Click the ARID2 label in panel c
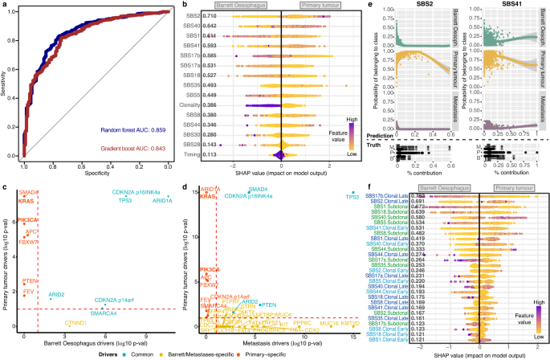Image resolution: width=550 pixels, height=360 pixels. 57,295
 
